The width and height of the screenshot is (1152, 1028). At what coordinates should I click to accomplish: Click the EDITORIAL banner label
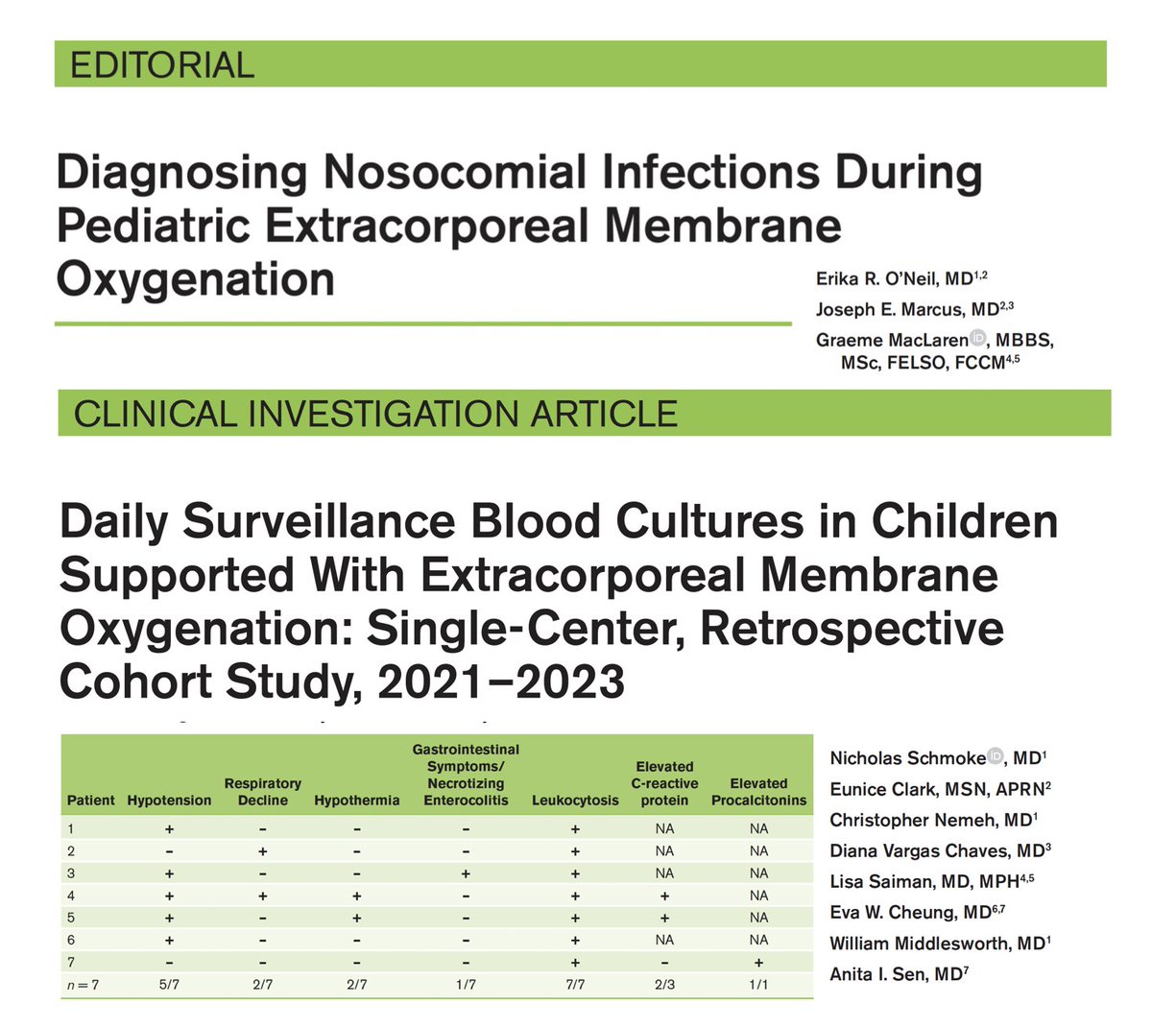162,65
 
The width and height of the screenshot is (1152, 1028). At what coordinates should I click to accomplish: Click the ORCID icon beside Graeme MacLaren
978,337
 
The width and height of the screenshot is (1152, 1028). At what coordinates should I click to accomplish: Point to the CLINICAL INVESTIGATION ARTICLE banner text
375,414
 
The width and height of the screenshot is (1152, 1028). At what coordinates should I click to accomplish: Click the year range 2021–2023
501,682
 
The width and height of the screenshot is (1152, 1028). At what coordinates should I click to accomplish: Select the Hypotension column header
169,801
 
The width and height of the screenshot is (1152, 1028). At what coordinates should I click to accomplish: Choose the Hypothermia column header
357,801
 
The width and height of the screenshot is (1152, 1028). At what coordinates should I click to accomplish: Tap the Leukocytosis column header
575,801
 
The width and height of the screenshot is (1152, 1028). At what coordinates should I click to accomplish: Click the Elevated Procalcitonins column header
758,792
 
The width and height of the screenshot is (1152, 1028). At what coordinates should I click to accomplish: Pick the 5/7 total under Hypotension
169,984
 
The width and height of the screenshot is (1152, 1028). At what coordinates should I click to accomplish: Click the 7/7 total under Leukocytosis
575,984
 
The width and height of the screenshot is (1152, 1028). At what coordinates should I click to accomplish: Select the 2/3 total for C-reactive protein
664,984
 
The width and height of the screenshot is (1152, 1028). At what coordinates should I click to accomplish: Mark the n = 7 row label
83,984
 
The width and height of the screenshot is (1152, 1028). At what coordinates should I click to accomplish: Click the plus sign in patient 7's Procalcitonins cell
758,962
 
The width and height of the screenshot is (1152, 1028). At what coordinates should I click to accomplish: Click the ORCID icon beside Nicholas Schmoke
996,757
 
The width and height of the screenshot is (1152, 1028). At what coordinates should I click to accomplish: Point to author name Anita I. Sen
882,974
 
